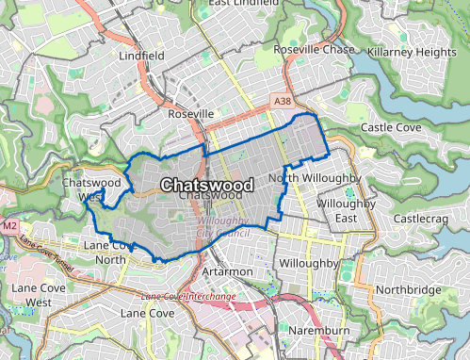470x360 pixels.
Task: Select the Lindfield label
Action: tap(142, 56)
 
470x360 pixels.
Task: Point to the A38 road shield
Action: tap(283, 99)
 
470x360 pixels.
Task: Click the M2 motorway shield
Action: tap(9, 227)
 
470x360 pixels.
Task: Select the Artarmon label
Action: tap(227, 270)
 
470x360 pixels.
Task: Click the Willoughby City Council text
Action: tap(222, 227)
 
